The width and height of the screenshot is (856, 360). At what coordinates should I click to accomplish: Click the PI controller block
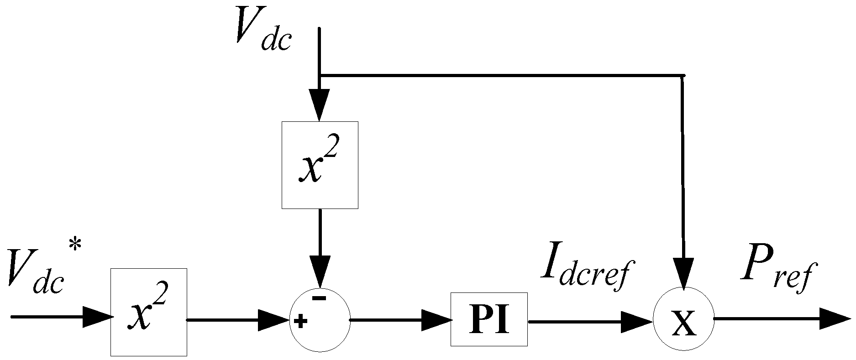click(489, 319)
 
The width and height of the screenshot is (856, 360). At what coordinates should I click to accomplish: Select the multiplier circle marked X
click(683, 319)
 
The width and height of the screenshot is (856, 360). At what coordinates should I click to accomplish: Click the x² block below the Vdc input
click(320, 165)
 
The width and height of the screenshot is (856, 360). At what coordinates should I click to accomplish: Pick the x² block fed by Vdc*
click(148, 312)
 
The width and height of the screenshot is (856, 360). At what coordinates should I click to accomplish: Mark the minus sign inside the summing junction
click(319, 298)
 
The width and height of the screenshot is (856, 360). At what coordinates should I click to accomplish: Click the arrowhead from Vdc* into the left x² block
click(97, 317)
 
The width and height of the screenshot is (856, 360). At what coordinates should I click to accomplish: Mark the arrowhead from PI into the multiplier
click(637, 321)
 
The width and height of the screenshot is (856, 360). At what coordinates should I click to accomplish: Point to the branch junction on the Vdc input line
click(319, 75)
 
